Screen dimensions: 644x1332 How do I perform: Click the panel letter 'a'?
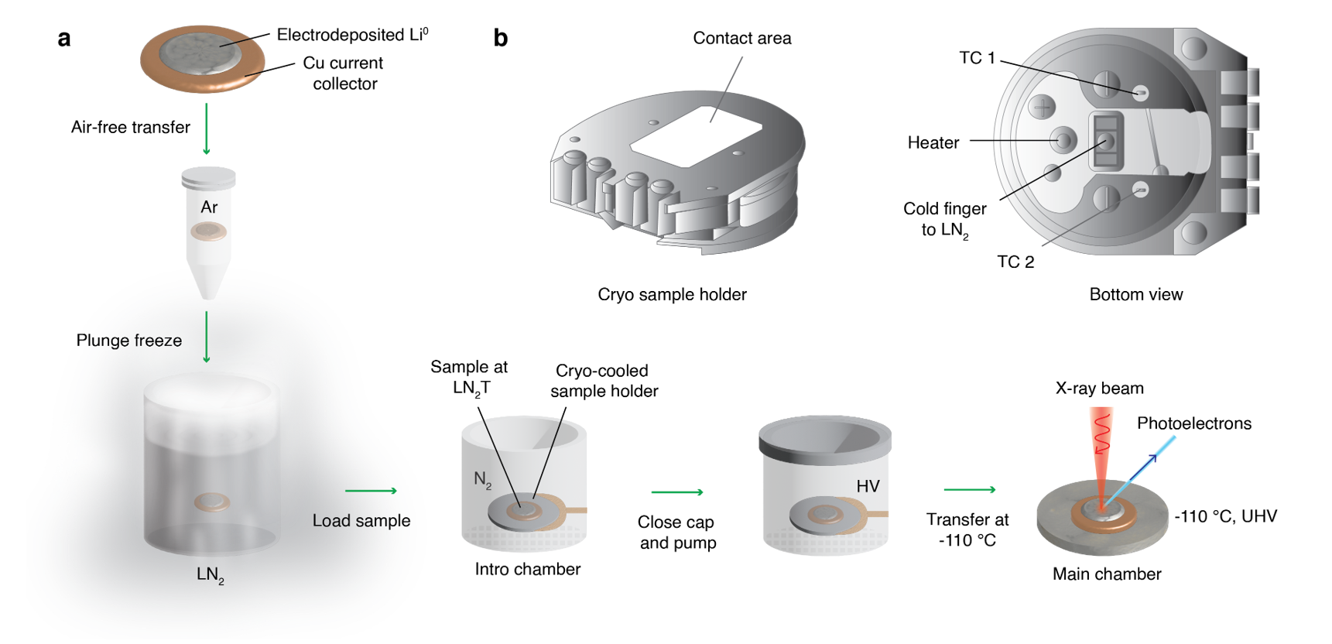pos(64,39)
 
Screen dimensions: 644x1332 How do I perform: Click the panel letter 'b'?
pos(501,39)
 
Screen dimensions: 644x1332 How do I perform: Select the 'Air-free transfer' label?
pos(130,127)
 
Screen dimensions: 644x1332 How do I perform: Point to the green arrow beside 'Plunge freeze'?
pos(207,337)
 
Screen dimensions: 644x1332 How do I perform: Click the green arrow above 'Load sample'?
pos(371,491)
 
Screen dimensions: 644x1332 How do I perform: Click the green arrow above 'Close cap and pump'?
pos(677,492)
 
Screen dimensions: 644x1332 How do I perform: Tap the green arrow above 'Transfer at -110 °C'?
pos(970,489)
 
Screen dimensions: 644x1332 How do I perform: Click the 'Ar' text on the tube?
pos(209,207)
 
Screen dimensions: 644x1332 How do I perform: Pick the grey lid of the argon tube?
pos(208,178)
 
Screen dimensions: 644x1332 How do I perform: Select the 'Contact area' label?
pos(741,38)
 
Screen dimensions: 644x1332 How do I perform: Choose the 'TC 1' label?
pos(977,58)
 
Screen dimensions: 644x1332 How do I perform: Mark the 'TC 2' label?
pos(1015,262)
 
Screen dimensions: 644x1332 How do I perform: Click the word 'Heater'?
pos(933,142)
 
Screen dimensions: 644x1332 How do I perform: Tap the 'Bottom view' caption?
pos(1135,294)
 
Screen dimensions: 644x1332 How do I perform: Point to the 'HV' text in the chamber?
pos(868,486)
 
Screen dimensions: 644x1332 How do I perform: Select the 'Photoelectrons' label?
pos(1193,423)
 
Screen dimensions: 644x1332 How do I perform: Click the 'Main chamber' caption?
pos(1106,574)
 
